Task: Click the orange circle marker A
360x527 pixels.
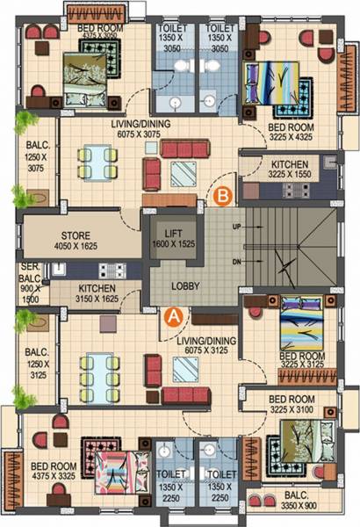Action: tap(174, 313)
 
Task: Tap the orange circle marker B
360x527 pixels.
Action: tap(223, 196)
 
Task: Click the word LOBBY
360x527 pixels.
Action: tap(184, 286)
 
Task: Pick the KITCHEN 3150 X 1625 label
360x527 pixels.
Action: tap(97, 292)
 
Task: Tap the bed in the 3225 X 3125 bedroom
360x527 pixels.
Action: tap(302, 330)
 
